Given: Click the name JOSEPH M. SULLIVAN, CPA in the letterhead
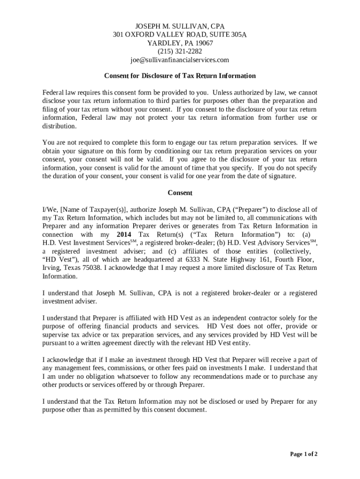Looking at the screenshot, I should point(180,26).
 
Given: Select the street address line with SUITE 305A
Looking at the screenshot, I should point(180,35).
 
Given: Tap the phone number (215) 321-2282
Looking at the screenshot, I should point(180,51).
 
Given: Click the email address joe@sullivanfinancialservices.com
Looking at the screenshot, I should point(180,60).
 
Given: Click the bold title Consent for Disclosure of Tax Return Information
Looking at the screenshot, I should point(180,76).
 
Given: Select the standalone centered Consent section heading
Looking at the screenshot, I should point(180,193).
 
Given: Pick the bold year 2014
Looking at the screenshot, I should point(124,234).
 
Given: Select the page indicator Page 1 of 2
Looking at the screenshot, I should point(304,454).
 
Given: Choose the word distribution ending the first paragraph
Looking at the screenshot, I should point(59,126).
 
